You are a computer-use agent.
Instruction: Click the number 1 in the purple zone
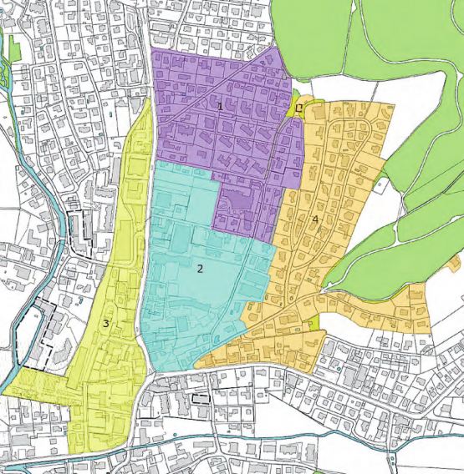220,106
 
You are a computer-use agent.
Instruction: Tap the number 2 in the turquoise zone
200,269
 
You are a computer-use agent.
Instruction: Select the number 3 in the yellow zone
106,323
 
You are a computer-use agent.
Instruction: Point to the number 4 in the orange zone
315,219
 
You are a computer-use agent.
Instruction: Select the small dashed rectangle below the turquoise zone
200,399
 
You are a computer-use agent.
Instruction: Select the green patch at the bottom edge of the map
300,467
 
